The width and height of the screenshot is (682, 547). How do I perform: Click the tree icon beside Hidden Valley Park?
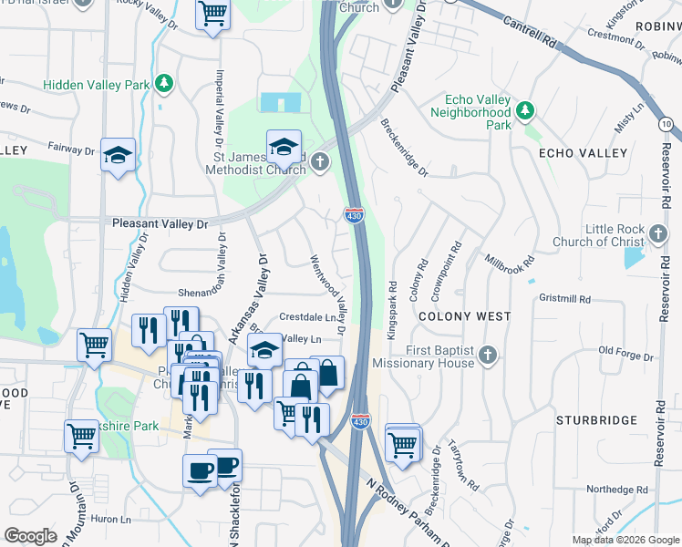(x=164, y=84)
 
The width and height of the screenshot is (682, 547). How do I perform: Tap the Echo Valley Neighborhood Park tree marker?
(x=524, y=111)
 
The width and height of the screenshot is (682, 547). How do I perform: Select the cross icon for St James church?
(x=318, y=162)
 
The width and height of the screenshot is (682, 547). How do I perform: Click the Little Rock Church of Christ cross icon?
(x=659, y=234)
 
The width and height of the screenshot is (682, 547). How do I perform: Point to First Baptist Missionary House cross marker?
(x=488, y=355)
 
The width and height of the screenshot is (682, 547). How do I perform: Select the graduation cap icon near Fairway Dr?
(x=118, y=155)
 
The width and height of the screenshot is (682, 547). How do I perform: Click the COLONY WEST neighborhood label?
(x=464, y=315)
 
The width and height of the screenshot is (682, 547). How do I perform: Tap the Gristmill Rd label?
(x=565, y=298)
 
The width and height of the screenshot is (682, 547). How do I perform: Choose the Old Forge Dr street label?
(x=629, y=350)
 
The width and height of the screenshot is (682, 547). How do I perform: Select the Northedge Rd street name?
(x=617, y=489)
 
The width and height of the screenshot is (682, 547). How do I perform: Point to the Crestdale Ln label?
(x=308, y=317)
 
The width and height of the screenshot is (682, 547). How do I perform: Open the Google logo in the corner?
(x=30, y=536)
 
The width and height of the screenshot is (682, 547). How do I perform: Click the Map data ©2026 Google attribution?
(x=625, y=540)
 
